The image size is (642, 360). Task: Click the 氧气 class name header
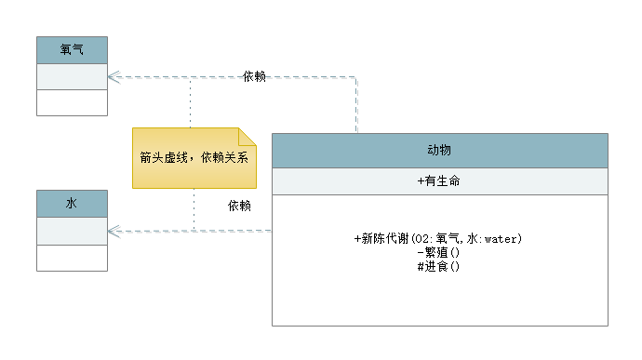coord(73,49)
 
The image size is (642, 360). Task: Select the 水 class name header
coord(73,203)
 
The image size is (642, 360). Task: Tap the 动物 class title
coord(439,150)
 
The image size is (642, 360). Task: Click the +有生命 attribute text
coord(439,181)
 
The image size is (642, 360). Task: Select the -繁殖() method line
coord(439,252)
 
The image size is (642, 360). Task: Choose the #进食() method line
coord(439,266)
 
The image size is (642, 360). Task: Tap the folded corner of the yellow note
coord(247,134)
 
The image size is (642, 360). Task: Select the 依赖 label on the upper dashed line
coord(253,75)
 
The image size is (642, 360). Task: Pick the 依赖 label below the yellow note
coord(238,206)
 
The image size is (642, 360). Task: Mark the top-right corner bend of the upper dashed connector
coord(356,79)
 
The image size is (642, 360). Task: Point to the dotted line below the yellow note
coord(194,209)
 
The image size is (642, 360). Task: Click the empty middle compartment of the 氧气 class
coord(73,76)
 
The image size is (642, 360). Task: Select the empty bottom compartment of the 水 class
coord(73,258)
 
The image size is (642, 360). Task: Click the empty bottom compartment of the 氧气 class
coord(73,102)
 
